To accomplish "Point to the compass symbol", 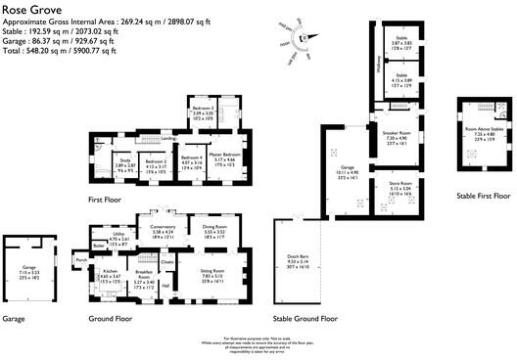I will [x=305, y=38].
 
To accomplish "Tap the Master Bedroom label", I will [x=223, y=156].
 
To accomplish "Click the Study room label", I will [x=124, y=160].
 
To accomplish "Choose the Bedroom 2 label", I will [x=156, y=160].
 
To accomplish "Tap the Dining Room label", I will [x=213, y=227].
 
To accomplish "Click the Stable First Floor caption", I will [x=483, y=197].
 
